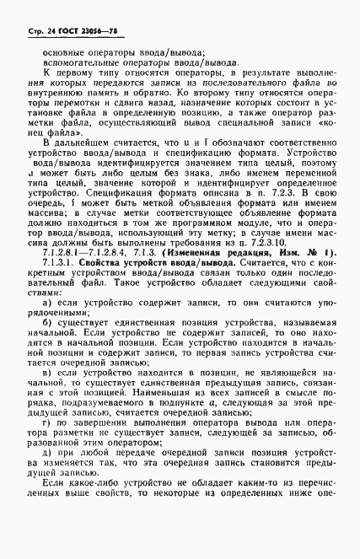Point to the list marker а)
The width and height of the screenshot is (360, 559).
pyautogui.click(x=46, y=348)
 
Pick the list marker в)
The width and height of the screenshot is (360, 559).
pyautogui.click(x=46, y=419)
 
